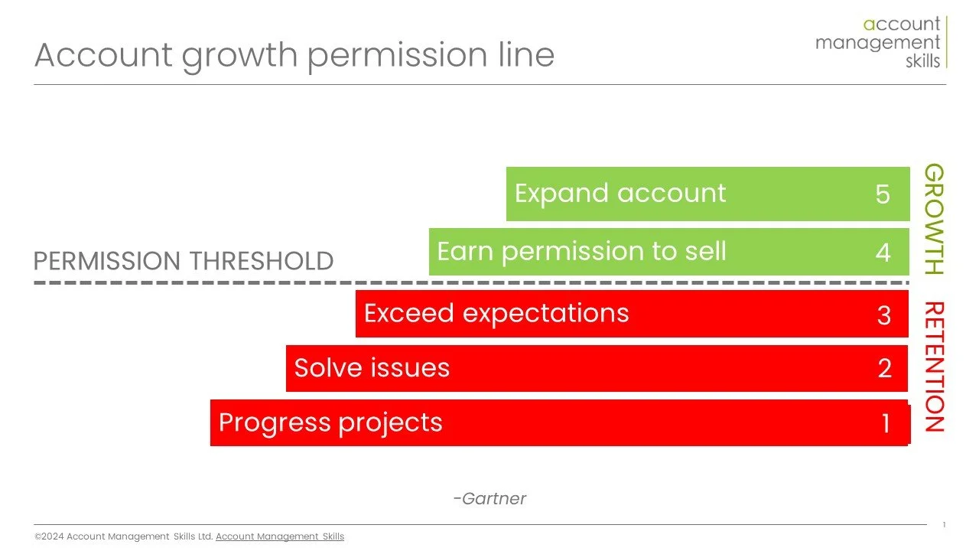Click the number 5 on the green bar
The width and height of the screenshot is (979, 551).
[883, 194]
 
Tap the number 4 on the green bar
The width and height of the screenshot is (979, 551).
[883, 253]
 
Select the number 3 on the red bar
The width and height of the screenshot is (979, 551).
[883, 315]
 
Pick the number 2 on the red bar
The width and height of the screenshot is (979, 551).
[884, 369]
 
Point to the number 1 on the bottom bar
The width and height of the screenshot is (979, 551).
[886, 423]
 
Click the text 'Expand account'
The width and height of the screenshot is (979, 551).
[620, 194]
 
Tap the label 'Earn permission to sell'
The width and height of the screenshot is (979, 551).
[581, 252]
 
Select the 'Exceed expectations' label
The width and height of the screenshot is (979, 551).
[496, 314]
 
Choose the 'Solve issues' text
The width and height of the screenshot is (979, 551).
[372, 368]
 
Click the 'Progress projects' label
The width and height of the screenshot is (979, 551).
[330, 422]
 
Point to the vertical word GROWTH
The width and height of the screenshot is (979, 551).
[934, 220]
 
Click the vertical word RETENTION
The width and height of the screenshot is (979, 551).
[934, 367]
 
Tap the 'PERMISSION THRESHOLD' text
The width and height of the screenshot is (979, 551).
[184, 262]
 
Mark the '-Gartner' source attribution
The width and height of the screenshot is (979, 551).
[489, 499]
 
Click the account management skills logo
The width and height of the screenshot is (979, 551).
[880, 42]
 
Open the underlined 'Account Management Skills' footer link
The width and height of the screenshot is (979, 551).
[280, 537]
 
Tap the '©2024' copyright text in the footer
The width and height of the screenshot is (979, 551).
[50, 537]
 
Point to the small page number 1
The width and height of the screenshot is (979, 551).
[944, 525]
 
